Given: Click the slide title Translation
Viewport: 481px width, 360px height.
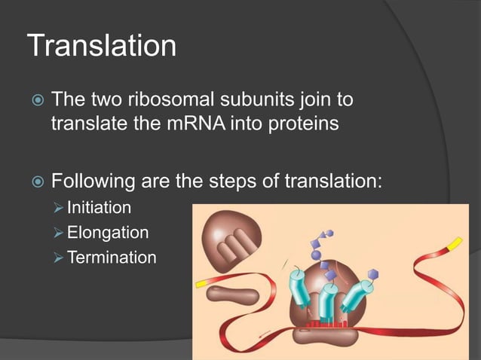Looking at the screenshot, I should coord(102,46).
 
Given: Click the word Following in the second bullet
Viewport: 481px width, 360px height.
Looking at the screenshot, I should coord(93,182).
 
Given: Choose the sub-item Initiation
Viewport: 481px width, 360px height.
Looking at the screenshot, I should coord(99,207).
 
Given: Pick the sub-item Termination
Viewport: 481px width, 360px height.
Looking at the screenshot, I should coord(112,258).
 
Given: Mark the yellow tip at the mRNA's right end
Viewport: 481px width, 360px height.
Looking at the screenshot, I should coord(455,244).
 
